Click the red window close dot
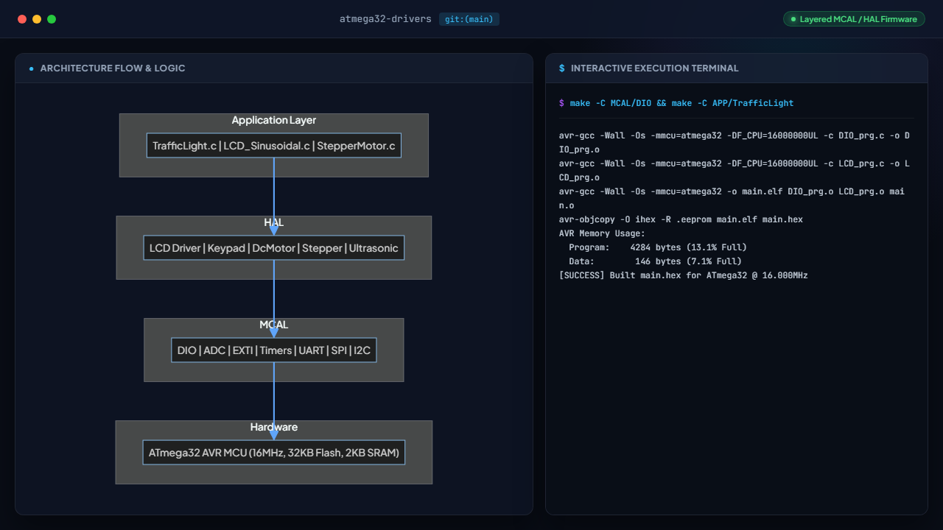pyautogui.click(x=22, y=19)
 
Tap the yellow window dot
pyautogui.click(x=37, y=19)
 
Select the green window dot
pyautogui.click(x=52, y=19)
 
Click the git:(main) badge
pyautogui.click(x=469, y=19)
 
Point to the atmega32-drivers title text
pyautogui.click(x=385, y=19)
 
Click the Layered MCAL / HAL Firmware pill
pyautogui.click(x=854, y=19)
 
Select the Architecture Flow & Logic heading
pyautogui.click(x=113, y=68)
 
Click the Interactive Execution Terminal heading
pyautogui.click(x=654, y=68)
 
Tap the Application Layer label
pyautogui.click(x=273, y=120)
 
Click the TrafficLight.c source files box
pyautogui.click(x=273, y=146)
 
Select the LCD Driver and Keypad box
pyautogui.click(x=273, y=248)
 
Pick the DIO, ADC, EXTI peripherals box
pyautogui.click(x=273, y=350)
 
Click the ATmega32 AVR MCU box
pyautogui.click(x=273, y=452)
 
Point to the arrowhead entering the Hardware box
pyautogui.click(x=273, y=435)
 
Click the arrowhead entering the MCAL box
pyautogui.click(x=273, y=333)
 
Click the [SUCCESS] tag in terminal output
pyautogui.click(x=581, y=275)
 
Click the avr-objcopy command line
pyautogui.click(x=681, y=219)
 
